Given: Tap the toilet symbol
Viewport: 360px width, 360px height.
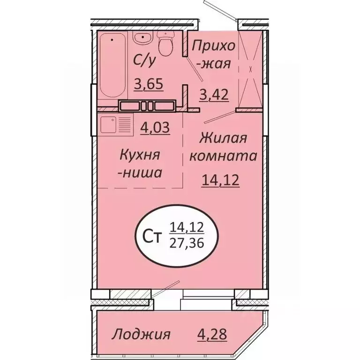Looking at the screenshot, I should [x=165, y=45].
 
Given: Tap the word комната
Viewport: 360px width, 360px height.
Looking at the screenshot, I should [x=223, y=156].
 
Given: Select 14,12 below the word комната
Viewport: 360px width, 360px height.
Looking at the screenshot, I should [x=220, y=180].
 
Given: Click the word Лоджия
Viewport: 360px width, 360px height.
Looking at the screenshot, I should [x=141, y=335].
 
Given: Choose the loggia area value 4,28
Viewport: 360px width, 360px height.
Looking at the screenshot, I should [x=213, y=335].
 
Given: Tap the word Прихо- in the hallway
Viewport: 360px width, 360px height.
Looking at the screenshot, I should [x=214, y=46].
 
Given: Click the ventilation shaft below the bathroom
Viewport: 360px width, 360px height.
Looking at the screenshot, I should [x=147, y=105].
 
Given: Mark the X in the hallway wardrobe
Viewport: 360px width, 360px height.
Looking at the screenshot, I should [x=251, y=69].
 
